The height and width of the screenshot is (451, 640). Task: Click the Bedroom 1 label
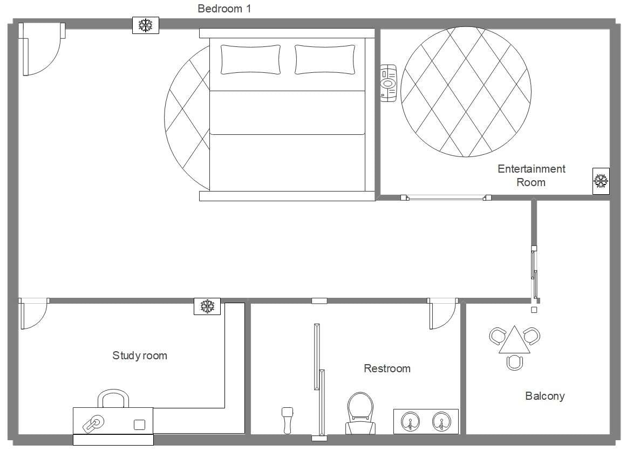click(x=224, y=9)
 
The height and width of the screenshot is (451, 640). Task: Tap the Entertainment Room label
click(x=531, y=175)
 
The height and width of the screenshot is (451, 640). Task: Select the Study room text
click(x=140, y=356)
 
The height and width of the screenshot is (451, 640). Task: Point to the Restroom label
click(x=387, y=368)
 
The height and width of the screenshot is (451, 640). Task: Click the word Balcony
click(x=544, y=396)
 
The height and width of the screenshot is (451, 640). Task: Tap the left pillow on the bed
click(x=250, y=59)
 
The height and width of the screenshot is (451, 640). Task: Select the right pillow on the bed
click(x=325, y=59)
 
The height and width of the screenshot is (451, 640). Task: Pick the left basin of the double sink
click(x=411, y=421)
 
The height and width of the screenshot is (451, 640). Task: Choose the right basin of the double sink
click(x=441, y=421)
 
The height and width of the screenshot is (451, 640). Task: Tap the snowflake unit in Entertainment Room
click(x=601, y=180)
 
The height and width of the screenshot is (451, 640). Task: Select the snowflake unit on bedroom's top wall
click(x=146, y=25)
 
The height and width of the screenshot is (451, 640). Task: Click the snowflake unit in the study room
click(x=207, y=306)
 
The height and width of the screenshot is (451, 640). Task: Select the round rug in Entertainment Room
click(x=466, y=92)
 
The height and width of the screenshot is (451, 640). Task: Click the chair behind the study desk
click(x=113, y=399)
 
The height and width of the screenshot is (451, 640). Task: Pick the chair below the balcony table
click(x=516, y=362)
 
